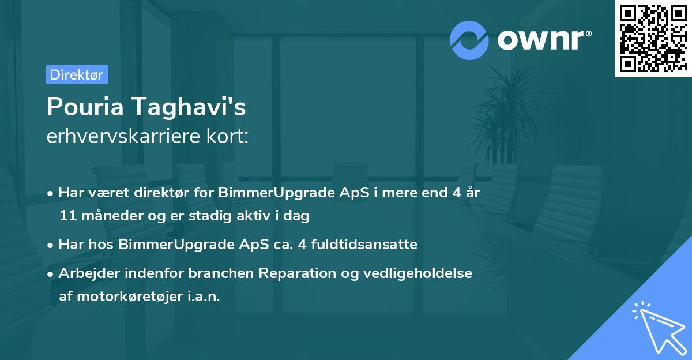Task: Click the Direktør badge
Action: [x=77, y=74]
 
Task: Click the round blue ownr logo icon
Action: [x=469, y=40]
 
